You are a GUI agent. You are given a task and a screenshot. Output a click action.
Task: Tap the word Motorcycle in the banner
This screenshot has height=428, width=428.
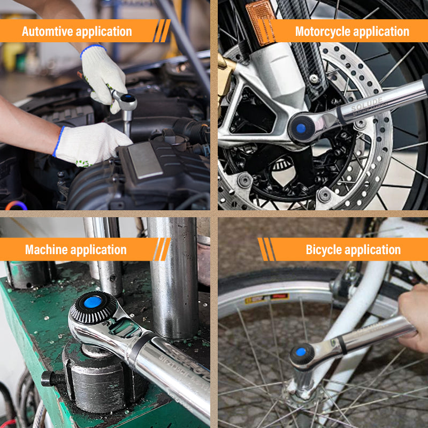point(324,32)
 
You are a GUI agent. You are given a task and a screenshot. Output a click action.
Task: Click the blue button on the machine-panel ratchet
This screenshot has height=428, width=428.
point(93,302)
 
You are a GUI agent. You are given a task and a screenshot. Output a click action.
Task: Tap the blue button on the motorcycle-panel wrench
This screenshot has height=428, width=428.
point(301,128)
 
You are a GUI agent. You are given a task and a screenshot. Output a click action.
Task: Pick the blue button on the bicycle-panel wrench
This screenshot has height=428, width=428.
point(301,353)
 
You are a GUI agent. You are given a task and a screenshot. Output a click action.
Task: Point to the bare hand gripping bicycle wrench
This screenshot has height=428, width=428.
point(415,316)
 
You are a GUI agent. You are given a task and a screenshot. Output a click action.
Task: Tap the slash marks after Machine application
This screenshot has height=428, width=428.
point(161,249)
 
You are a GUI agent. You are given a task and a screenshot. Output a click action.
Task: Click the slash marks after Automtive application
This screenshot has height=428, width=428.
point(161,31)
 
